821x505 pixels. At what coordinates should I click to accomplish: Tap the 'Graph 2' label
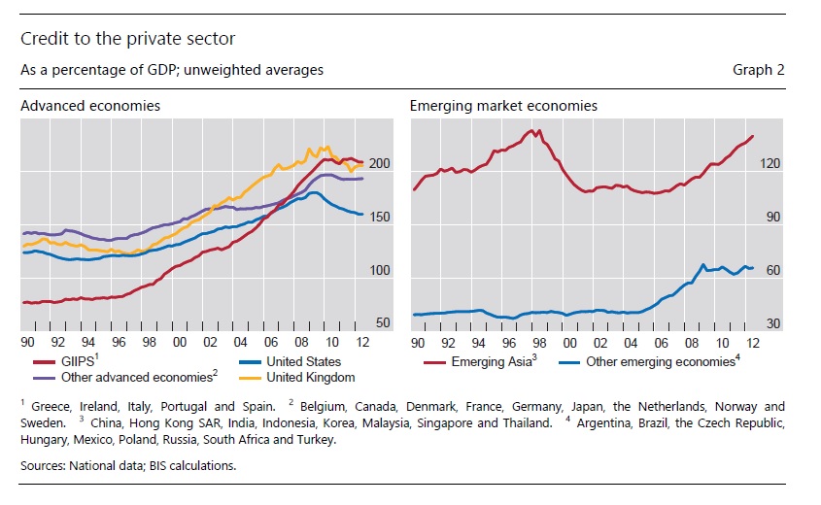click(759, 70)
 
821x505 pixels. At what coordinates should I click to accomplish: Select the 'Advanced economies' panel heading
click(90, 105)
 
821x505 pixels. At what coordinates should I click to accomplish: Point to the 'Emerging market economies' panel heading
click(503, 105)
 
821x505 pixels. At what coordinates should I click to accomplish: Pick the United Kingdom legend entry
click(309, 377)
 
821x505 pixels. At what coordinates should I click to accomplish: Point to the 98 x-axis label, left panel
click(149, 342)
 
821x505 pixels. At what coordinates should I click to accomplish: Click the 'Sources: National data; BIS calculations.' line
click(127, 465)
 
